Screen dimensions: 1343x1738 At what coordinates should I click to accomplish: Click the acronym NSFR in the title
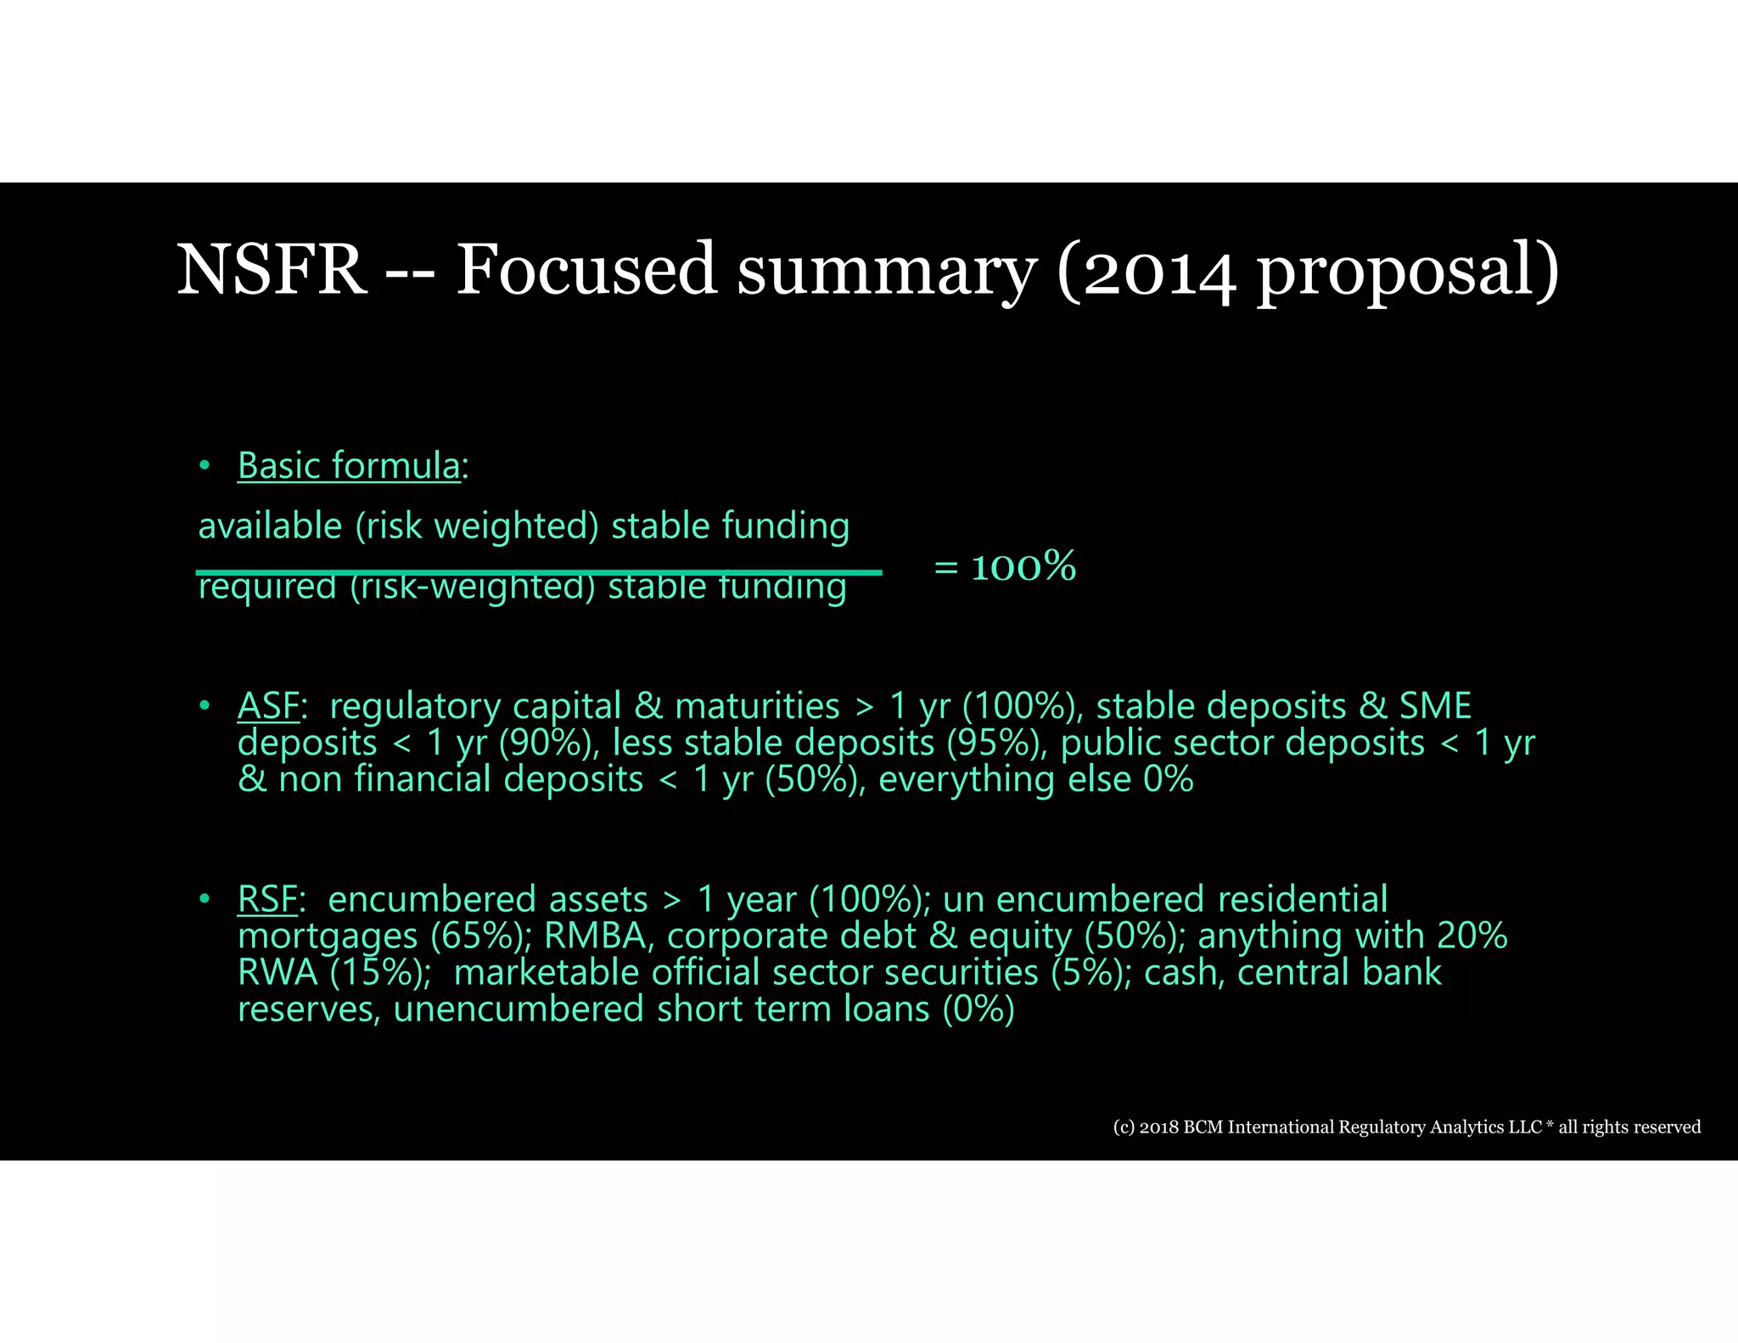[x=271, y=270]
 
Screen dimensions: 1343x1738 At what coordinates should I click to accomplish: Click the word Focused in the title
[x=586, y=270]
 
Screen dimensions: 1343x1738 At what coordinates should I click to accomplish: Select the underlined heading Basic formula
[x=348, y=466]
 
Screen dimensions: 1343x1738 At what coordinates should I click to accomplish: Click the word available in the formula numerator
[x=269, y=526]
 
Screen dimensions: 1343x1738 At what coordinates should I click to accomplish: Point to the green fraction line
[x=539, y=573]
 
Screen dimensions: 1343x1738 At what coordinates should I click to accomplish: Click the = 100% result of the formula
[x=1005, y=566]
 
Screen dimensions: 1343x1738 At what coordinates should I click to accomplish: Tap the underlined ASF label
[x=268, y=706]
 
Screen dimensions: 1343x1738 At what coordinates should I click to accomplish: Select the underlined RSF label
[x=267, y=900]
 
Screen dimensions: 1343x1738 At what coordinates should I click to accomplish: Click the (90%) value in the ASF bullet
[x=544, y=744]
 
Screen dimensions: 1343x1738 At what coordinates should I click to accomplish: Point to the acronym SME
[x=1435, y=706]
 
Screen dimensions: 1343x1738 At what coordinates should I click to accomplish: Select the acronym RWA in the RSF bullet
[x=278, y=973]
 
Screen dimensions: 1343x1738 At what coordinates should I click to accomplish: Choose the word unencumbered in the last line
[x=519, y=1009]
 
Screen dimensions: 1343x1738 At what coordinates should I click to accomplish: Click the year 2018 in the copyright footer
[x=1158, y=1127]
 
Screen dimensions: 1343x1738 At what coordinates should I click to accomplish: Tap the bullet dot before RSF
[x=205, y=899]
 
